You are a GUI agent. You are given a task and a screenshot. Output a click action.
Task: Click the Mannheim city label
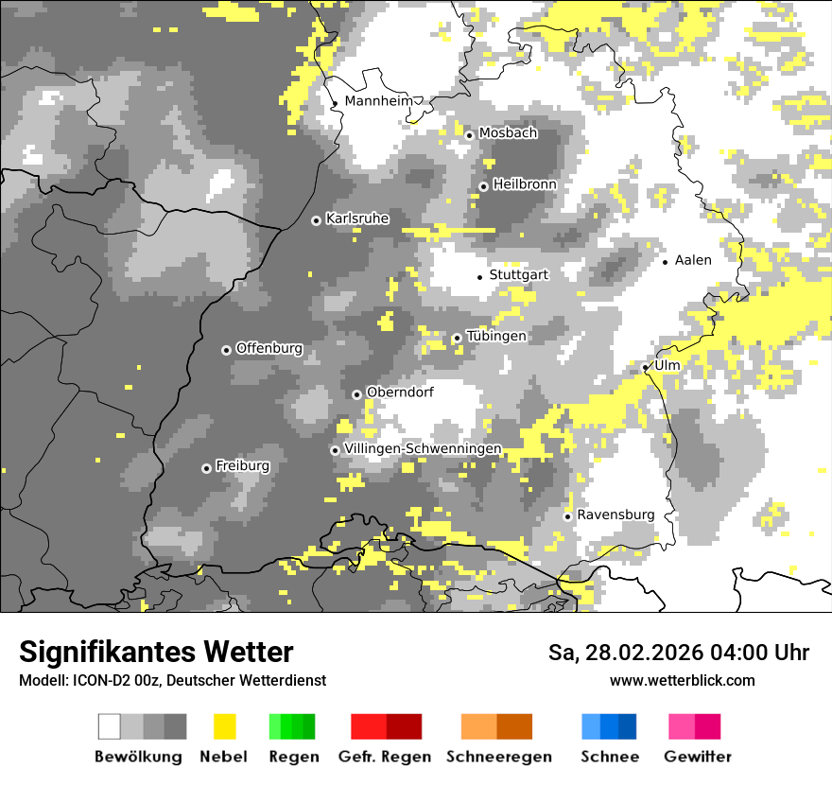coord(378,101)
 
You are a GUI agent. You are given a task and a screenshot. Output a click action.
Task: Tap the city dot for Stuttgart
coord(479,276)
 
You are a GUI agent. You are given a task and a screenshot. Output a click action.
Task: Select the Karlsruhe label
coord(357,218)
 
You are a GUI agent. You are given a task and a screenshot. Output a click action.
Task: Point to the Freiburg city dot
coord(206,468)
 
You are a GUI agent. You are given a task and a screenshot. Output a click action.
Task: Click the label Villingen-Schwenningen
coord(423,448)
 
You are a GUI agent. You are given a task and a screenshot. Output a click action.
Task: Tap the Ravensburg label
coord(615,515)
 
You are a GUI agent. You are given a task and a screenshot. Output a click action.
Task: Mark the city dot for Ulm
coord(646,367)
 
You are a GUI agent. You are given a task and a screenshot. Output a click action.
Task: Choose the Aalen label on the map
coord(693,260)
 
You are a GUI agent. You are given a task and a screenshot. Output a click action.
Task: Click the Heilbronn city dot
coord(483,186)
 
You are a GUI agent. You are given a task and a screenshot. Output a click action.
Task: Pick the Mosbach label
coord(508,133)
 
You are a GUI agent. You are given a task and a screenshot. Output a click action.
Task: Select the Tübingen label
coord(496,336)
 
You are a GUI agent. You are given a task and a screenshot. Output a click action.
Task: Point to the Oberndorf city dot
coord(356,394)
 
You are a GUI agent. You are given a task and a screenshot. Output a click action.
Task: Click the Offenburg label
coord(269,348)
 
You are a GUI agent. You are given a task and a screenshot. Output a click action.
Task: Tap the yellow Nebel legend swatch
coord(224,726)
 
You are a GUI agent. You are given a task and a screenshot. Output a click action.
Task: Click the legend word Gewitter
coord(698,757)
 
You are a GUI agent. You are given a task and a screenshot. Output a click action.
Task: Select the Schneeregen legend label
coord(499,757)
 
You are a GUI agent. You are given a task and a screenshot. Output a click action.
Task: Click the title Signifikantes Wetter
coord(156,652)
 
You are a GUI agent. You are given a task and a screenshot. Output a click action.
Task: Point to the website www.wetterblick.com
coord(683,680)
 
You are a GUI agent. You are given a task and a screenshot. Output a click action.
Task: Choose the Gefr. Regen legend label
coord(385,757)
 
